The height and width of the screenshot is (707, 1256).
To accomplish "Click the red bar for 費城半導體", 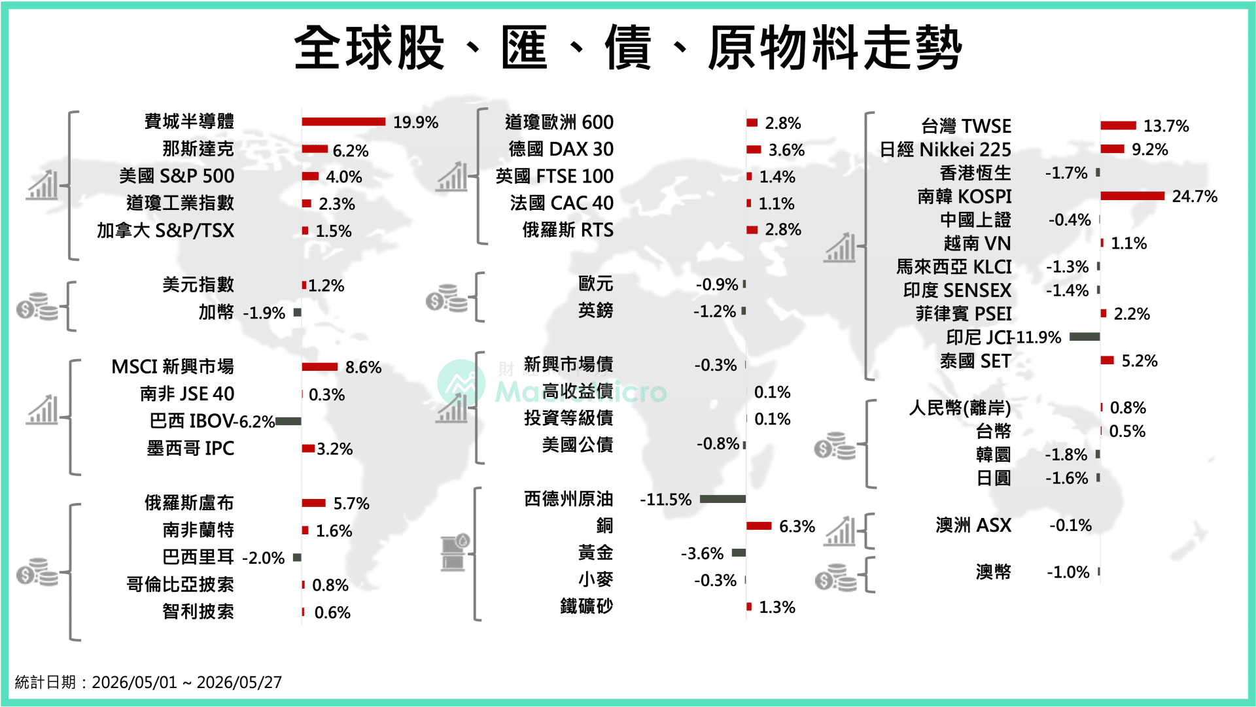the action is pyautogui.click(x=343, y=122).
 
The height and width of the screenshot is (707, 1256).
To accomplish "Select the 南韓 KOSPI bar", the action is pyautogui.click(x=1132, y=196).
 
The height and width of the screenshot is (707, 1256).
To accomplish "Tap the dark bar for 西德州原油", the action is pyautogui.click(x=722, y=499).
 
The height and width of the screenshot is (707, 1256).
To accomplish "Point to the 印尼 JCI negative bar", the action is pyautogui.click(x=1085, y=337).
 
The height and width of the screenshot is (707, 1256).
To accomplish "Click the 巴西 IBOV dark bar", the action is pyautogui.click(x=288, y=421).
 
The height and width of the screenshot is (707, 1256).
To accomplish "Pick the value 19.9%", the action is pyautogui.click(x=415, y=122).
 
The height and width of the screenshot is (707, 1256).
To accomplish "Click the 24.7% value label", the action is pyautogui.click(x=1195, y=196).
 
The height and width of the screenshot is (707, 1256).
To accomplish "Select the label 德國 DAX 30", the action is pyautogui.click(x=561, y=149).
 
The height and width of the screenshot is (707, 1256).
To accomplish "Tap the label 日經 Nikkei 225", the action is pyautogui.click(x=945, y=150).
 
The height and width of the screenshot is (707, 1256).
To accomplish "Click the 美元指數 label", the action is pyautogui.click(x=198, y=285).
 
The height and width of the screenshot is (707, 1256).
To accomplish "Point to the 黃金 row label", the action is pyautogui.click(x=595, y=553).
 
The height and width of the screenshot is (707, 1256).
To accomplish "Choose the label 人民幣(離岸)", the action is pyautogui.click(x=960, y=408).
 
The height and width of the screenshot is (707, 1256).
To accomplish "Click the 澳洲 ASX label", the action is pyautogui.click(x=973, y=525).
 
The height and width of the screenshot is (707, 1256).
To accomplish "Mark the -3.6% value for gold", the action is pyautogui.click(x=702, y=554).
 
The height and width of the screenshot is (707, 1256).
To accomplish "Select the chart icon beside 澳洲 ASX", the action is pyautogui.click(x=841, y=530).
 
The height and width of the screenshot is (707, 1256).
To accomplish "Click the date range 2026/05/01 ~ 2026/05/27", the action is pyautogui.click(x=187, y=683).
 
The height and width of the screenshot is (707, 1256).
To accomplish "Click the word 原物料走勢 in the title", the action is pyautogui.click(x=835, y=48).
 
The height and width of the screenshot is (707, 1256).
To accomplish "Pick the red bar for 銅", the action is pyautogui.click(x=759, y=526).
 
